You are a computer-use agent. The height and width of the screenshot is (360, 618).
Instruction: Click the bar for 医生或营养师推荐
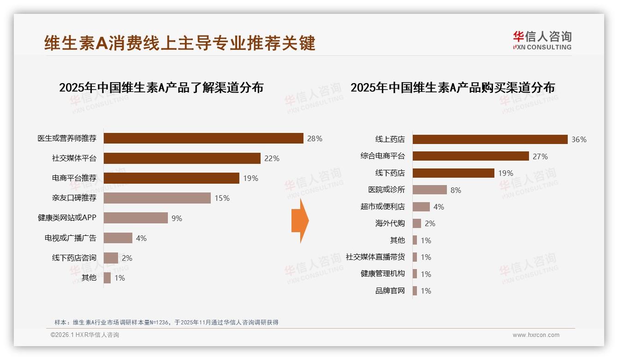pos(203,138)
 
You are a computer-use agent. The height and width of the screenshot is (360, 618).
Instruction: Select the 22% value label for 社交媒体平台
pos(272,158)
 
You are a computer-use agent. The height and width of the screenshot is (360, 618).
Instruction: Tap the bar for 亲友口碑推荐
pos(157,198)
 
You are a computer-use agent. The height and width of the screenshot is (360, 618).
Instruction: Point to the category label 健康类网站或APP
pos(67,217)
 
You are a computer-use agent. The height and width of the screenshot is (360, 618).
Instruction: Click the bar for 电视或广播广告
pos(118,238)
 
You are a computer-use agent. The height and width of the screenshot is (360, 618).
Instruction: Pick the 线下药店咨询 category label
pos(74,258)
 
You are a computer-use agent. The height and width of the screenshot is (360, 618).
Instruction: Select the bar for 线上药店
pos(490,139)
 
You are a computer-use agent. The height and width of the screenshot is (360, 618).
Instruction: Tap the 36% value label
pos(579,139)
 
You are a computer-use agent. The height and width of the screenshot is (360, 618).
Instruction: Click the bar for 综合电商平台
pos(470,156)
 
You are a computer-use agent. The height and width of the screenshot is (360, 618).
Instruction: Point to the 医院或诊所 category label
pos(386,190)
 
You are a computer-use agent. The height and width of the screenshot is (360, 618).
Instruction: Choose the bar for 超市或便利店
pos(421,207)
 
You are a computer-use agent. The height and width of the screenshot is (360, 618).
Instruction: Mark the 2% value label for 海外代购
pos(430,223)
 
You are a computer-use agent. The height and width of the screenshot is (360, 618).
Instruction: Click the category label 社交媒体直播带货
pos(375,257)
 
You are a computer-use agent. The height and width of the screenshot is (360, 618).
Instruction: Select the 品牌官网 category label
pos(390,291)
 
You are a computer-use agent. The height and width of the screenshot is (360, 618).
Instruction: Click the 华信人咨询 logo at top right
pos(542,40)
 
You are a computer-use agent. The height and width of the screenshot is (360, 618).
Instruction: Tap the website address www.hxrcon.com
pos(536,335)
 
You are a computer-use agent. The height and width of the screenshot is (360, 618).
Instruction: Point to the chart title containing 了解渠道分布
pos(161,87)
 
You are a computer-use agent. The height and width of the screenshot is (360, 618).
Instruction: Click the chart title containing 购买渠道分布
pos(452,87)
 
